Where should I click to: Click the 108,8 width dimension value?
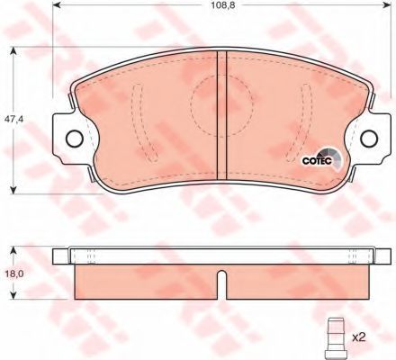point(223,4)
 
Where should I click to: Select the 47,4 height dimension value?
point(12,119)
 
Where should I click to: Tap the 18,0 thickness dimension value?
point(12,274)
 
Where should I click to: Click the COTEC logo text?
point(317,161)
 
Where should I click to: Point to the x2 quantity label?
point(359,337)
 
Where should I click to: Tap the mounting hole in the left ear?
point(74,139)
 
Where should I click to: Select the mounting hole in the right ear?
point(369,139)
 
